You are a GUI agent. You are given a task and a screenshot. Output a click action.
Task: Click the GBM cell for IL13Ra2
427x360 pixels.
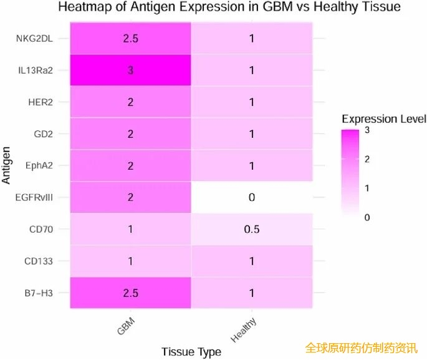pyautogui.click(x=130, y=70)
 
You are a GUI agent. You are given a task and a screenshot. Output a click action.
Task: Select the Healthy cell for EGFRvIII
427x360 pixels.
pyautogui.click(x=252, y=197)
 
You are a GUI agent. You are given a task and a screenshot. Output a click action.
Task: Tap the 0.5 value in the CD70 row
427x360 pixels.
pyautogui.click(x=252, y=229)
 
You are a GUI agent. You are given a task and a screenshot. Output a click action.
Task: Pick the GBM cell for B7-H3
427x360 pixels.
pyautogui.click(x=130, y=293)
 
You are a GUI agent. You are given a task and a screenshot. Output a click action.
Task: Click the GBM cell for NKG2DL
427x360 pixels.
pyautogui.click(x=130, y=38)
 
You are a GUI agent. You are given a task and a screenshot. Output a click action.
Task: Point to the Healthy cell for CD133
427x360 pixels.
pyautogui.click(x=252, y=261)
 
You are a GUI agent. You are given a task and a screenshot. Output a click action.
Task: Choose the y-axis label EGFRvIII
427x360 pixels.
pyautogui.click(x=36, y=197)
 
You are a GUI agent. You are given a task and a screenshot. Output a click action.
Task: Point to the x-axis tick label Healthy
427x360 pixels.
pyautogui.click(x=244, y=331)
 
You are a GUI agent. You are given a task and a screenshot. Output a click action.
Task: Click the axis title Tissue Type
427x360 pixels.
pyautogui.click(x=191, y=352)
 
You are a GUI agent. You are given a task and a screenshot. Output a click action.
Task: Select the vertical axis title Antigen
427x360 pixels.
pyautogui.click(x=7, y=165)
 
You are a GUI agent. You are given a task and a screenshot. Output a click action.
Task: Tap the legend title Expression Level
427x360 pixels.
pyautogui.click(x=383, y=119)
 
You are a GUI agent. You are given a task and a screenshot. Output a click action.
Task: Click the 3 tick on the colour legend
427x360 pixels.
pyautogui.click(x=367, y=130)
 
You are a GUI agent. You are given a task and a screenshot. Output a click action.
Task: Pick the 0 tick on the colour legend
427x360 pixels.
pyautogui.click(x=367, y=217)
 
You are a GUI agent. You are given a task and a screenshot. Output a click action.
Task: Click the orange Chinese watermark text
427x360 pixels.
pyautogui.click(x=361, y=348)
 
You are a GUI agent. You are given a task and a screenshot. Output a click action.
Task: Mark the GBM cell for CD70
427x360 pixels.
pyautogui.click(x=130, y=229)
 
